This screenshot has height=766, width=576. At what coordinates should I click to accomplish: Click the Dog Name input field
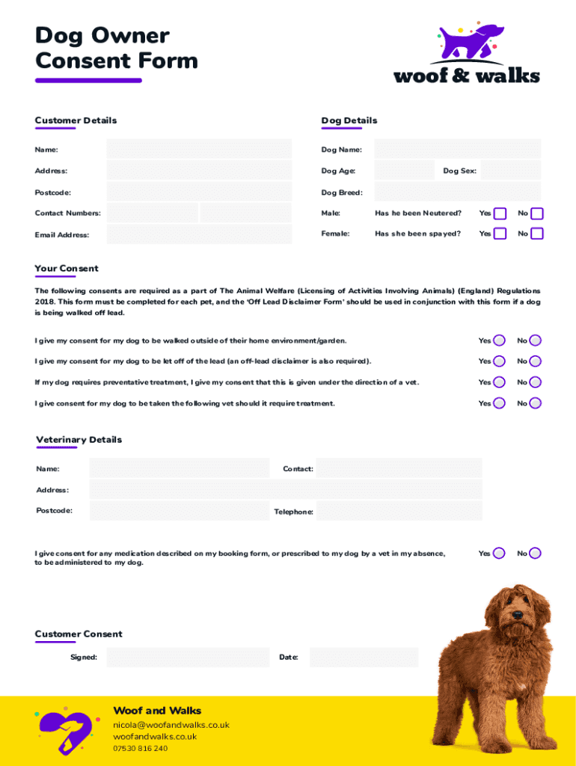tap(457, 149)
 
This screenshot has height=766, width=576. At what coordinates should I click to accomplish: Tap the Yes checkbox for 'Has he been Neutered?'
tap(500, 214)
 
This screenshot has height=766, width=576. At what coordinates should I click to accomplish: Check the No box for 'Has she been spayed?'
tap(537, 234)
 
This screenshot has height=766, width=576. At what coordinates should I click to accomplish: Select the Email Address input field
tap(199, 234)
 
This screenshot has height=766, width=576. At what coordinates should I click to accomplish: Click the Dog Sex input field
tap(511, 171)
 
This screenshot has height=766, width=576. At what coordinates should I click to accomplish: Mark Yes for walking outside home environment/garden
tap(499, 340)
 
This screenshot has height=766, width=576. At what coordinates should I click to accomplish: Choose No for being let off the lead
tap(536, 361)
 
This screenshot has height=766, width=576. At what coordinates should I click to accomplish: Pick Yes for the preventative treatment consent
tap(499, 382)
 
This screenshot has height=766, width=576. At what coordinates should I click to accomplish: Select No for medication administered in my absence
tap(536, 554)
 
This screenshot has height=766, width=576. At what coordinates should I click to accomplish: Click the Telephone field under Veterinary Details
tap(399, 511)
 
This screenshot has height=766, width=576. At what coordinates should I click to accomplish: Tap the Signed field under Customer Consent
tap(188, 658)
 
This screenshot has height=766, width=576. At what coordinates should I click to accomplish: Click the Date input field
tap(364, 658)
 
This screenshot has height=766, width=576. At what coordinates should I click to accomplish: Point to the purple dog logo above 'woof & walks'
tap(469, 43)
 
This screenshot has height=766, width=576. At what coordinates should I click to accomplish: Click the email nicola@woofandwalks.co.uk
tap(171, 725)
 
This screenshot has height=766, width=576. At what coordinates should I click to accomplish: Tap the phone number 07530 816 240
tap(141, 748)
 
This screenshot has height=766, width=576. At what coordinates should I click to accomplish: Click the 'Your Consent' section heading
tap(67, 269)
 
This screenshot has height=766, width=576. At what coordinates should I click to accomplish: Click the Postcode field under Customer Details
tap(199, 191)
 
